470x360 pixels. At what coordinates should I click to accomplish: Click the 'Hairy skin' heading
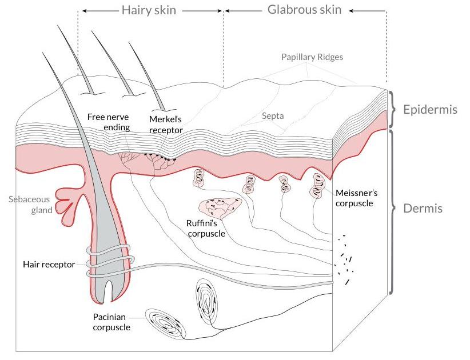click(149, 10)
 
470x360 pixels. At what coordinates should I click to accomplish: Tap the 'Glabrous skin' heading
click(304, 10)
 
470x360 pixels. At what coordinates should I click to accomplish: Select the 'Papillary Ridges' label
click(312, 57)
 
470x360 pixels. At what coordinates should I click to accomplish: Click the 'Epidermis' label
click(430, 109)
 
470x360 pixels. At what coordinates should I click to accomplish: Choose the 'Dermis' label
click(423, 209)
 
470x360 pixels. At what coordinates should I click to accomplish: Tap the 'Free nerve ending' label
click(109, 122)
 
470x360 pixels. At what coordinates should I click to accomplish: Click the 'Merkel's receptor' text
click(166, 123)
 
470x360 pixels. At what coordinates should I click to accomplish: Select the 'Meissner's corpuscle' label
click(355, 198)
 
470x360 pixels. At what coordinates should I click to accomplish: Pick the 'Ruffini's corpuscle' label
click(206, 228)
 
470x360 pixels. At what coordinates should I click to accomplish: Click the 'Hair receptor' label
click(49, 265)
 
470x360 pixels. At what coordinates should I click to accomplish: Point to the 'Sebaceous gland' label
click(30, 205)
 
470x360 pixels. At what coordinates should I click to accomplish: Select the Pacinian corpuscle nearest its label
click(165, 324)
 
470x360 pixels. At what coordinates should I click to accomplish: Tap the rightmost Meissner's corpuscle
click(316, 185)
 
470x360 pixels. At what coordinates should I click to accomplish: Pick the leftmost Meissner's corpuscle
click(199, 179)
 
